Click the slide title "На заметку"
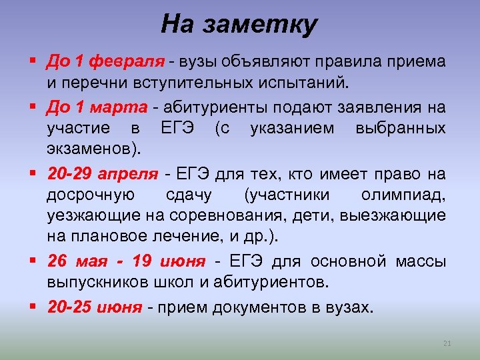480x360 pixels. click(x=240, y=25)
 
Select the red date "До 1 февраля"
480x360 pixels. click(x=105, y=62)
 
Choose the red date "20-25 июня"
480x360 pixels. click(x=94, y=307)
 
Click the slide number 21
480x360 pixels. click(x=447, y=344)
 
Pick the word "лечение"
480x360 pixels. click(x=189, y=237)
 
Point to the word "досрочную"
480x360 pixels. click(x=91, y=195)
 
